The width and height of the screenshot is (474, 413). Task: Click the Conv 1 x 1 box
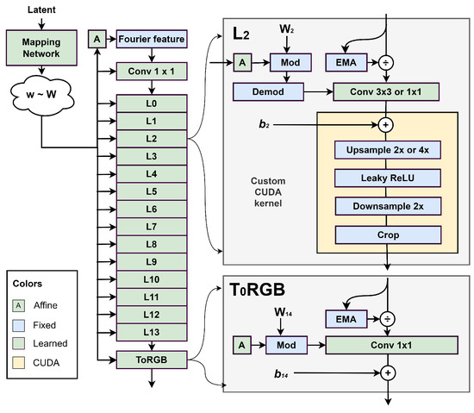[x=151, y=73]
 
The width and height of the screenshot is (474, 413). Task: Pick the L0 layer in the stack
[x=151, y=103]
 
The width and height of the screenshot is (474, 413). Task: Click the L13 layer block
[x=151, y=332]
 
